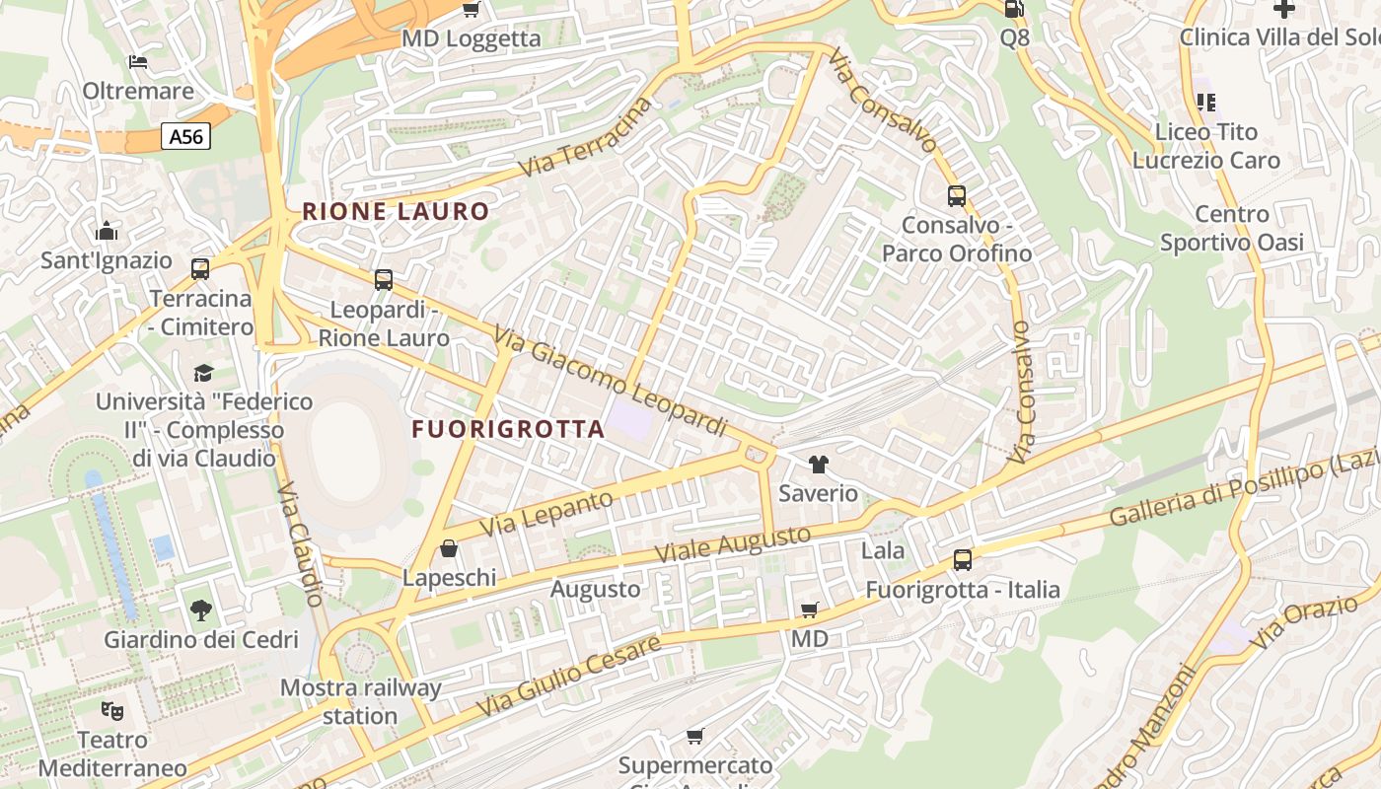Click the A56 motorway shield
[185, 136]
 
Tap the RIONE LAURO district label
[396, 211]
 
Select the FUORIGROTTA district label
[508, 429]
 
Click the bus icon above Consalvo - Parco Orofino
[957, 196]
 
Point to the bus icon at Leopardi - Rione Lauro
[384, 280]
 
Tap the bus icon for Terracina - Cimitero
[200, 268]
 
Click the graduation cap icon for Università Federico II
[204, 373]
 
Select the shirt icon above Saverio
[819, 464]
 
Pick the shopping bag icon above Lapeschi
[449, 548]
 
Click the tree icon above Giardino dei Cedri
[201, 610]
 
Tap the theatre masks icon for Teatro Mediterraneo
[112, 710]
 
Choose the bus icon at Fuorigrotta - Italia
[963, 560]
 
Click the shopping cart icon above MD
[810, 610]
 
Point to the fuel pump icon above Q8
[1014, 9]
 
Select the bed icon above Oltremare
[138, 62]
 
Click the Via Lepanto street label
[545, 514]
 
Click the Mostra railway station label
[360, 701]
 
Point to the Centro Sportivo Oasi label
[1232, 228]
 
